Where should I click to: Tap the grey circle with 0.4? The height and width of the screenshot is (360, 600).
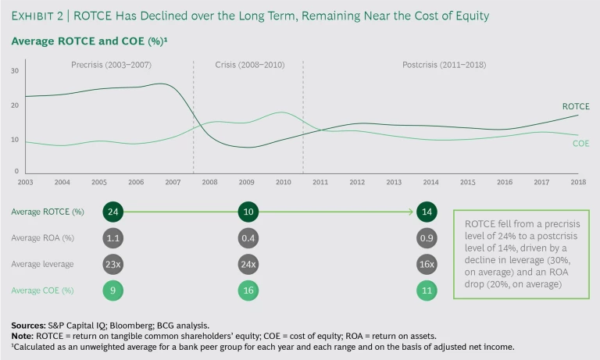[x=249, y=237]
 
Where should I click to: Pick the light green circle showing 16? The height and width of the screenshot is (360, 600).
[x=249, y=290]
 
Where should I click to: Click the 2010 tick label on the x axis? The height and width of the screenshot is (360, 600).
[x=283, y=183]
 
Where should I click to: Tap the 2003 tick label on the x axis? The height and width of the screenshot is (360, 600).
[x=25, y=183]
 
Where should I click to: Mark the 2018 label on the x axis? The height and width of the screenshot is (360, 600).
[x=578, y=183]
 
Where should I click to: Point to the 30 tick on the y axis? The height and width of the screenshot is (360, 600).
[x=15, y=71]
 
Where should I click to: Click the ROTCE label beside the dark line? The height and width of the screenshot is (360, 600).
[x=576, y=106]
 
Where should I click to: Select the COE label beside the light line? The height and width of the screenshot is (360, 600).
[x=580, y=144]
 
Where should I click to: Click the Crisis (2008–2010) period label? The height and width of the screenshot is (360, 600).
[x=248, y=65]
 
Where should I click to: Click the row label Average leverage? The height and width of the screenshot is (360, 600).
[x=42, y=264]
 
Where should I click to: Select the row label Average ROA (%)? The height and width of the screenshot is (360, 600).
[x=43, y=237]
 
